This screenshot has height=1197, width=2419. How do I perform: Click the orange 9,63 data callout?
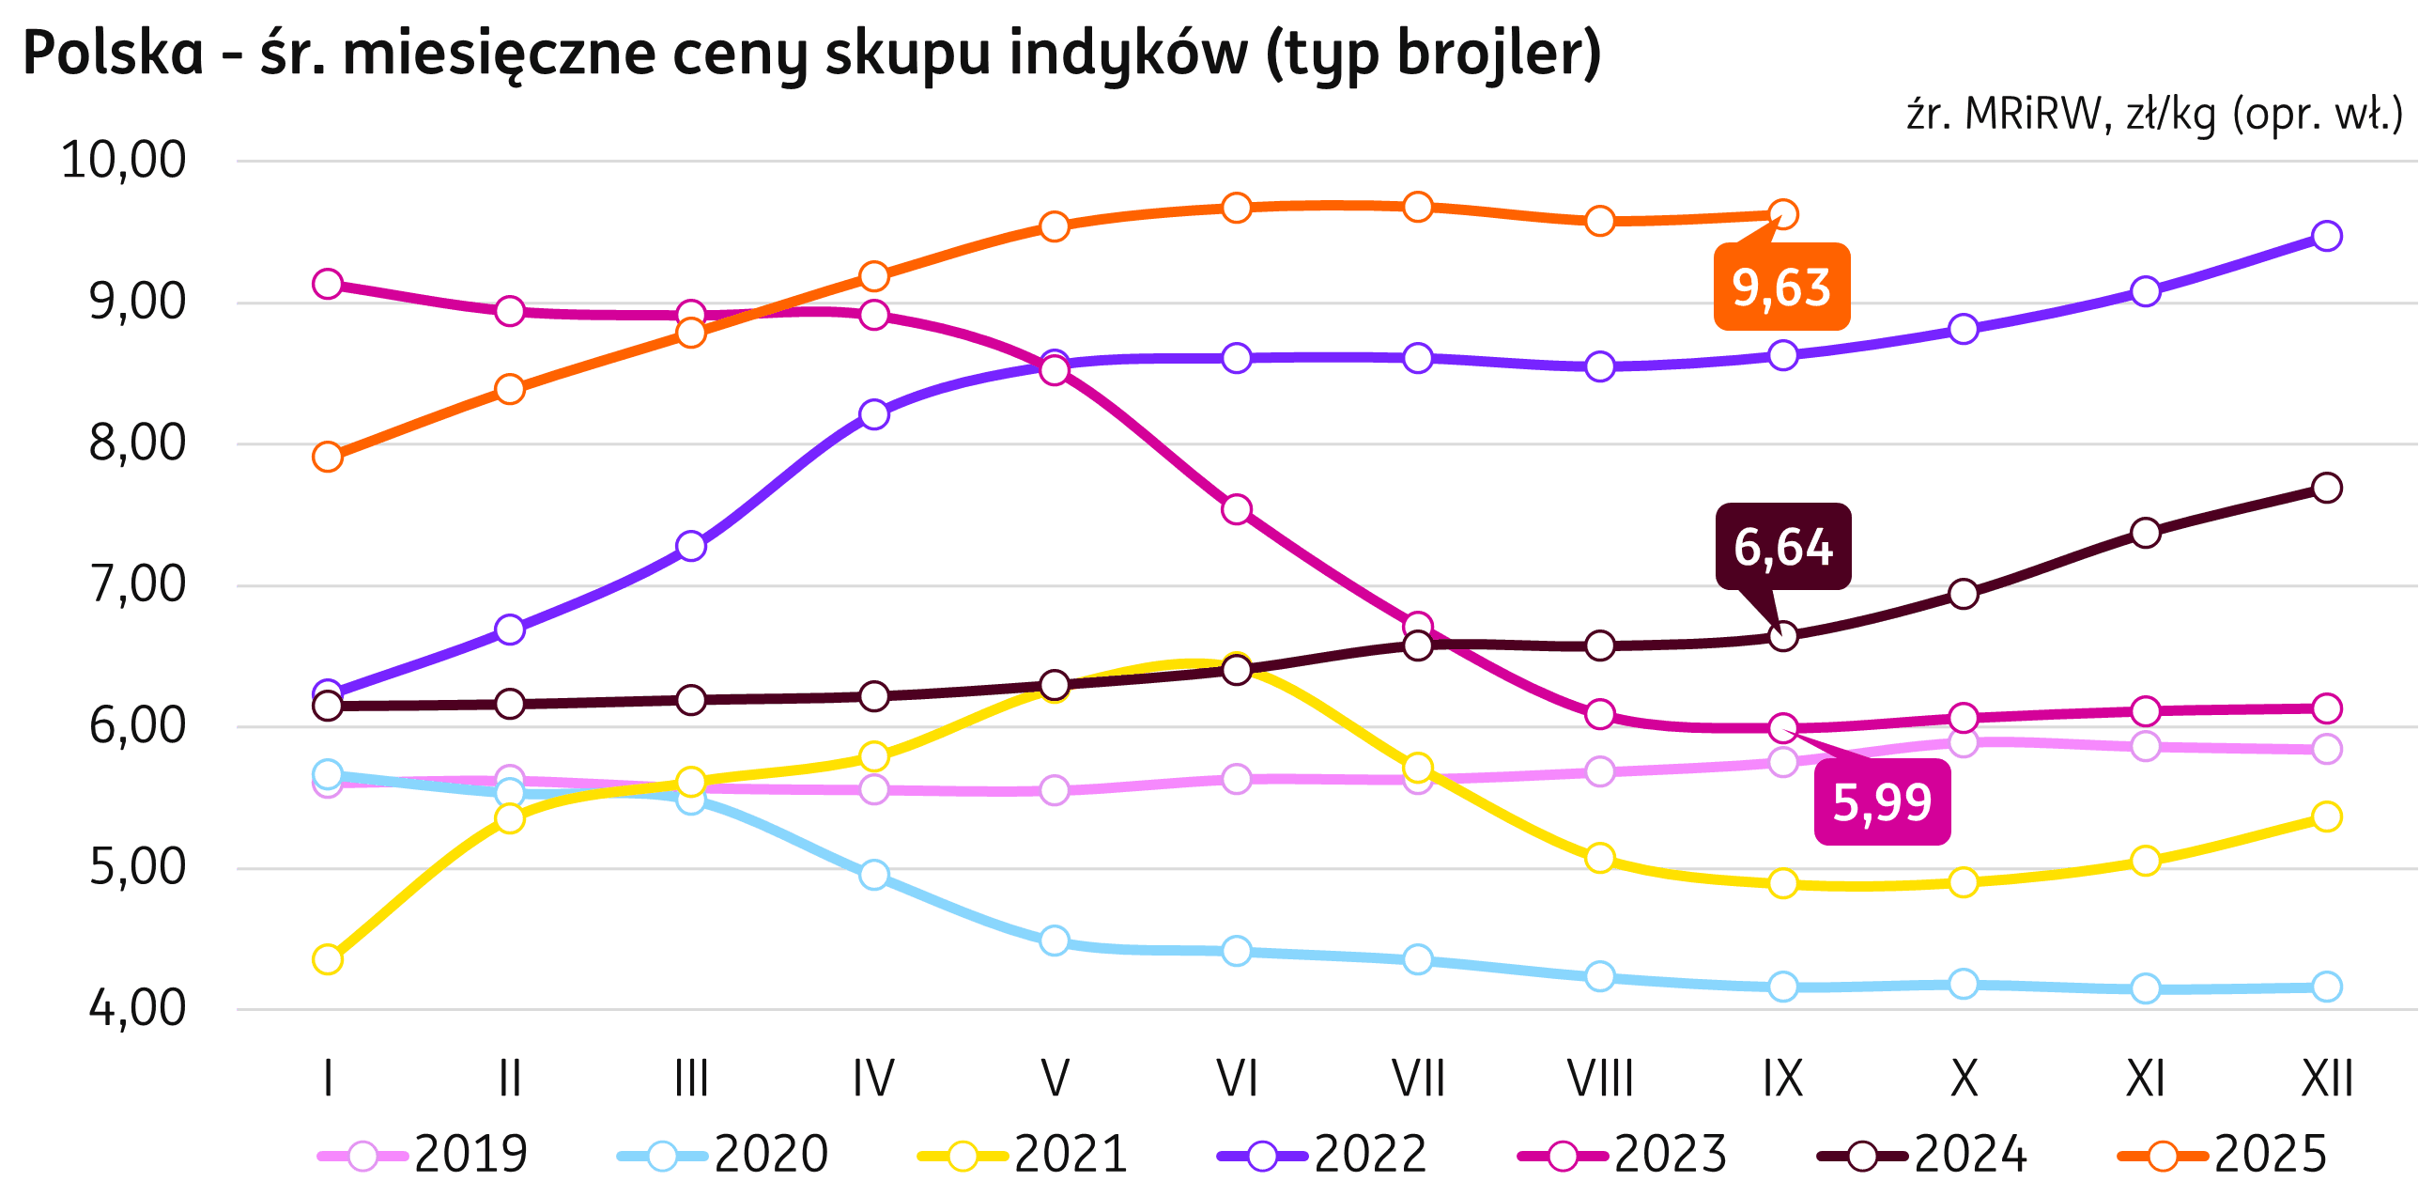pos(1781,287)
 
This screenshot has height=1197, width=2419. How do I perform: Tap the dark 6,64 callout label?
pos(1782,547)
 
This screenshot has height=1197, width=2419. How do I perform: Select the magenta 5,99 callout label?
pos(1882,802)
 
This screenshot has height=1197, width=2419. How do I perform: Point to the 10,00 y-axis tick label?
pos(123,161)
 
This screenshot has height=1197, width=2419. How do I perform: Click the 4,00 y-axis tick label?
pos(137,1009)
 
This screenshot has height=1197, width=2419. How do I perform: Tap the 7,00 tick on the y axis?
pos(137,585)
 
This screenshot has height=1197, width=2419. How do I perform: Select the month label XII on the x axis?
pos(2327,1079)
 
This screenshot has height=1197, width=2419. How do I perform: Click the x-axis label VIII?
pos(1600,1079)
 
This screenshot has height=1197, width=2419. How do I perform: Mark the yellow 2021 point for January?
pos(328,959)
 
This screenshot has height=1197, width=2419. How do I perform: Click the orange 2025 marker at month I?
pos(328,458)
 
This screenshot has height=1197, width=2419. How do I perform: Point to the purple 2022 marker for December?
pos(2327,236)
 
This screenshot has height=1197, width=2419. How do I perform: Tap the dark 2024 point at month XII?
pos(2327,488)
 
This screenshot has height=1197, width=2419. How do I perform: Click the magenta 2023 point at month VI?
pos(1237,510)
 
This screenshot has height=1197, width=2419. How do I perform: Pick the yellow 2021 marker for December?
pos(2327,816)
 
